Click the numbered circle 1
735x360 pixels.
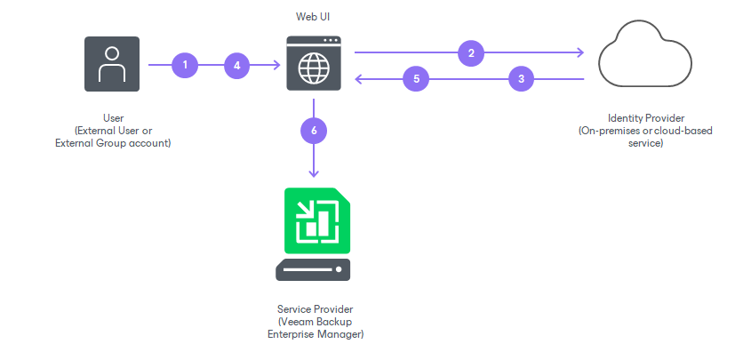tap(185, 64)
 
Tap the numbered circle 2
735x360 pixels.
tap(471, 52)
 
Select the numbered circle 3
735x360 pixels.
tap(521, 79)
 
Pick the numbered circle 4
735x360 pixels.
tap(236, 64)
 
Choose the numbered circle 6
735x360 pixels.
tap(313, 130)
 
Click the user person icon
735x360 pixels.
tap(111, 64)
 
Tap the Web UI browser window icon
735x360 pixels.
tap(314, 64)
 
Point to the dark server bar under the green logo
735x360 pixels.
tap(313, 269)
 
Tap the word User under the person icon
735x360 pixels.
tap(113, 118)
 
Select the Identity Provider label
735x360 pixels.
tap(645, 118)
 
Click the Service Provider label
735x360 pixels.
tap(316, 308)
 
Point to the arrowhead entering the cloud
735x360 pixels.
tap(580, 52)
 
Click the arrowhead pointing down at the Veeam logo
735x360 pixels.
tap(313, 173)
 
